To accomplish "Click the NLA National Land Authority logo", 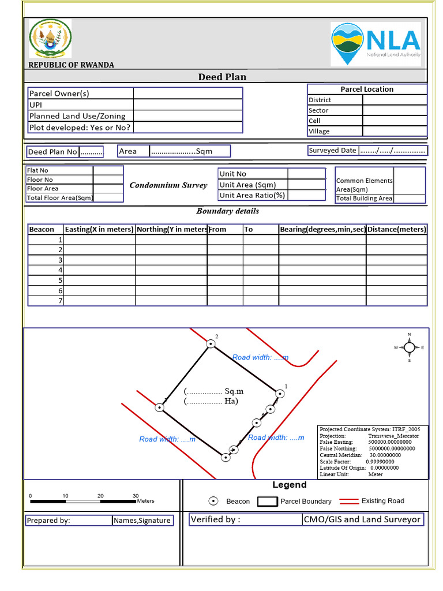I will pyautogui.click(x=376, y=43).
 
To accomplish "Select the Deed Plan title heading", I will pyautogui.click(x=222, y=77).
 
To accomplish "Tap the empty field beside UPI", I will pyautogui.click(x=187, y=104).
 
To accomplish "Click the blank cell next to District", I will pyautogui.click(x=395, y=100).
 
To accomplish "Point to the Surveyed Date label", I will pyautogui.click(x=333, y=151).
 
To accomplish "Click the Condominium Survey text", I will pyautogui.click(x=168, y=185).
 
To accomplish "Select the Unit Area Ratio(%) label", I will pyautogui.click(x=253, y=195).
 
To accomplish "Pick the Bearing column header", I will pyautogui.click(x=322, y=229).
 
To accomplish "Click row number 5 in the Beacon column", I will pyautogui.click(x=60, y=280).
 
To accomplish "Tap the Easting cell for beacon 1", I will pyautogui.click(x=99, y=240).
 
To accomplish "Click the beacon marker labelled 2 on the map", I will pyautogui.click(x=211, y=343).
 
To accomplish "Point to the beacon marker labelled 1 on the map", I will pyautogui.click(x=280, y=394).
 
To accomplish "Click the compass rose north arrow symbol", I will pyautogui.click(x=409, y=347).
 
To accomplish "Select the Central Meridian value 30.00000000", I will pyautogui.click(x=389, y=455).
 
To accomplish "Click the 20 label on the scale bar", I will pyautogui.click(x=100, y=496).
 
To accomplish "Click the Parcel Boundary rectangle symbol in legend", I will pyautogui.click(x=267, y=501).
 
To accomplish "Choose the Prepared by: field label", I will pyautogui.click(x=48, y=521).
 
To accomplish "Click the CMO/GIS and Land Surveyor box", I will pyautogui.click(x=362, y=519).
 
